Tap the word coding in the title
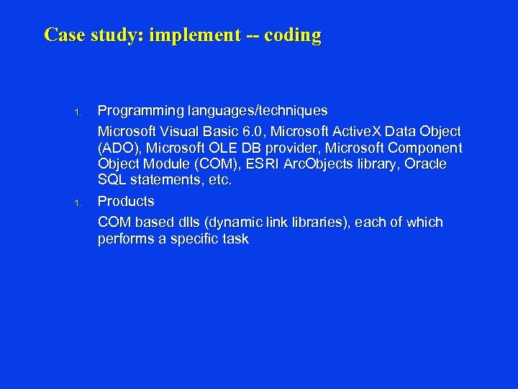pos(293,35)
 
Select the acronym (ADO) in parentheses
pos(118,148)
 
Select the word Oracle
pos(425,164)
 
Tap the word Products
pos(126,201)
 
